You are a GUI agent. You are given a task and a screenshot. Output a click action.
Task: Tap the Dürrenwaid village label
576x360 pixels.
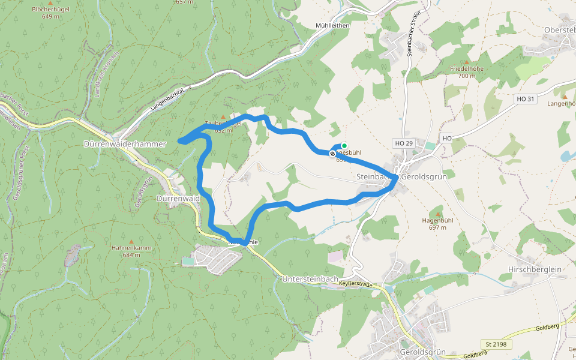pos(178,198)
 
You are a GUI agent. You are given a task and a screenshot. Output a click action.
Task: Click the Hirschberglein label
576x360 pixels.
pos(534,269)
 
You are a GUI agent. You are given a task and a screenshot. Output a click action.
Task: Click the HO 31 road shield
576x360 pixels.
pos(525,98)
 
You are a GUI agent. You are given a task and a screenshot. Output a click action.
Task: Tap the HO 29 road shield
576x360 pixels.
pos(404,143)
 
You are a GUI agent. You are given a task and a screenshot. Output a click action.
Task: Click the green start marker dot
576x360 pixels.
pos(344,146)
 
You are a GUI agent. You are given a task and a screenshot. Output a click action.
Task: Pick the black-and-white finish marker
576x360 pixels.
pos(332,154)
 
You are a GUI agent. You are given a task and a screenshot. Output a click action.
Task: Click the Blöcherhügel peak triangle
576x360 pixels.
pos(50,4)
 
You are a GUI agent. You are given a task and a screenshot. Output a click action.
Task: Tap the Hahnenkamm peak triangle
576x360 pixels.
pos(131,241)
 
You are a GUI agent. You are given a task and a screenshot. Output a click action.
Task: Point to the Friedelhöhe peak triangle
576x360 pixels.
pos(467,62)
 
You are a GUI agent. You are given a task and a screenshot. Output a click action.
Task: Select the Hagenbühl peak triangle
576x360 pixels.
pos(437,214)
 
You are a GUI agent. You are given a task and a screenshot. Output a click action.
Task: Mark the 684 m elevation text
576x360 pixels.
pos(131,254)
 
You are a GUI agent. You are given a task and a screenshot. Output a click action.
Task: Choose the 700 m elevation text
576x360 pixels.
pos(467,76)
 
